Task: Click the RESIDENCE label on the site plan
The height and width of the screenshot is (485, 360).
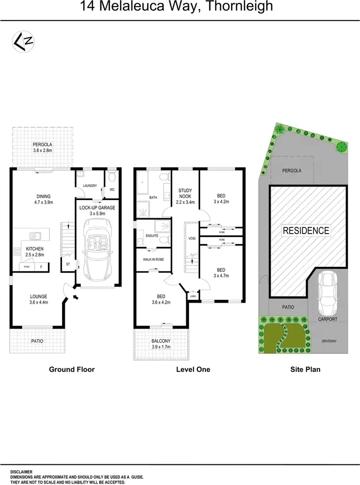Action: click(306, 230)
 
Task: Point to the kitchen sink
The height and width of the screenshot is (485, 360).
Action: click(36, 236)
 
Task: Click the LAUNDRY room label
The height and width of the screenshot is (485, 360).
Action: click(90, 186)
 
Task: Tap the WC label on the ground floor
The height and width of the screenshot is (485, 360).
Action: click(112, 189)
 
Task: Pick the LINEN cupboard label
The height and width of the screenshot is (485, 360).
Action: click(193, 296)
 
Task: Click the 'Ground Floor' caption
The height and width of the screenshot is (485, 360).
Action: click(72, 369)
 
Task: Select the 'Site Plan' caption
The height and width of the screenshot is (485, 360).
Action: click(305, 369)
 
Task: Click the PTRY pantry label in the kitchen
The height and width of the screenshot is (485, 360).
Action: click(26, 267)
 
